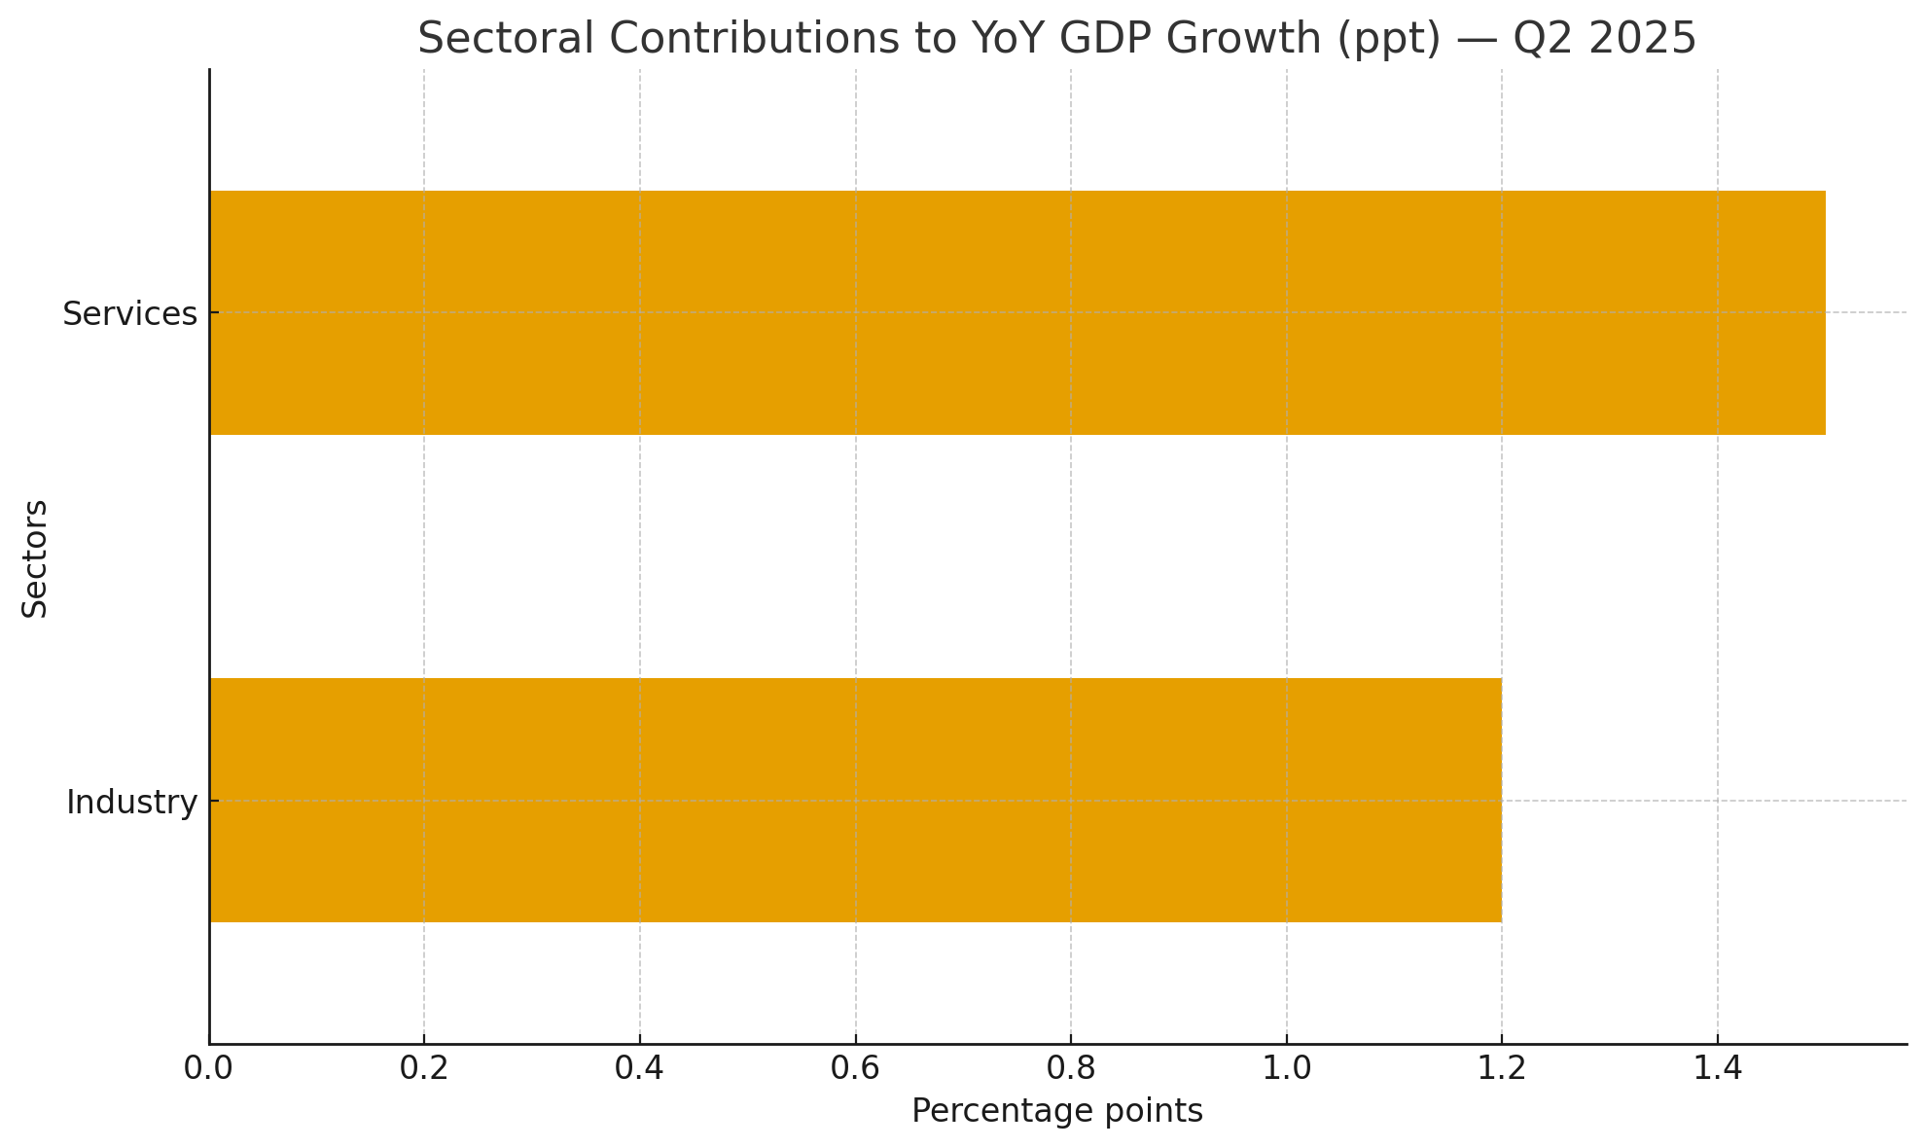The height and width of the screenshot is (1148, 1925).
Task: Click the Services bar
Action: [x=1016, y=312]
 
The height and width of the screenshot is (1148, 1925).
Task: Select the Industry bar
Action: [x=855, y=800]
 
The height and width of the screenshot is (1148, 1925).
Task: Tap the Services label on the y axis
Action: [x=129, y=314]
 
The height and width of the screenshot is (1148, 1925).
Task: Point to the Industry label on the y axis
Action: [x=131, y=803]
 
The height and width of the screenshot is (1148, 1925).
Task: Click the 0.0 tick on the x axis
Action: [x=208, y=1068]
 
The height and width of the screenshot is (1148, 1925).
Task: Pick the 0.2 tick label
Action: [x=424, y=1068]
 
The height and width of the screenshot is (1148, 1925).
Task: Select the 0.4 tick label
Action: [x=639, y=1068]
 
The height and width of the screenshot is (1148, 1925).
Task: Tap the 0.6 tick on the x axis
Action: [x=855, y=1068]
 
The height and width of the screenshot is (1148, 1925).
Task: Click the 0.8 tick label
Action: [x=1070, y=1068]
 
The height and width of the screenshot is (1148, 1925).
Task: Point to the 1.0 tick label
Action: [x=1286, y=1068]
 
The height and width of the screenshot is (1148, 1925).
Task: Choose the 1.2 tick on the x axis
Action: [x=1501, y=1068]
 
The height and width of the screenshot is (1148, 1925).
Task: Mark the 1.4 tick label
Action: [x=1717, y=1068]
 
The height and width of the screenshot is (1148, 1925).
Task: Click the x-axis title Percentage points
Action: [x=1057, y=1111]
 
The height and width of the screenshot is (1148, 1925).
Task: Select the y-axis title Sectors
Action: [x=35, y=557]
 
